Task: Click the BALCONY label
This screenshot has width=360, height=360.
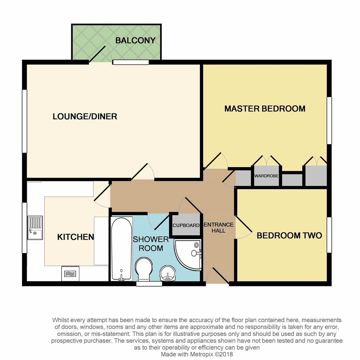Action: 135,40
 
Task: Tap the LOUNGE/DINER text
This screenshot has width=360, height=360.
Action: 85,116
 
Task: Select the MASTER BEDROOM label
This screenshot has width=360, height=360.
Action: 265,109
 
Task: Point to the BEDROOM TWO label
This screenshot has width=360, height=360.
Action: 289,236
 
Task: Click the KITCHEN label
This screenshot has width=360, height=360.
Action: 76,237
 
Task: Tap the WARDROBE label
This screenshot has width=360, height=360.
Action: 266,176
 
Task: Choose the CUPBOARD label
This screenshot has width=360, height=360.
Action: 186,225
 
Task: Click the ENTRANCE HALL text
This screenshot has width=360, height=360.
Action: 219,228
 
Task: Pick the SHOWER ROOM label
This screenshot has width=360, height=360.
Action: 151,244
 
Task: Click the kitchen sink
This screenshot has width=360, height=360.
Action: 35,228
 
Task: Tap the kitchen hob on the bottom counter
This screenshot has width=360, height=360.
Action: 70,273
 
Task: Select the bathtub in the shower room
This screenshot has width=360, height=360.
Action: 122,249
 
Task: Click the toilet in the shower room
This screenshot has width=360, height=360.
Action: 144,269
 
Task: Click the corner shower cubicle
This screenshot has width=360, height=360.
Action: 188,254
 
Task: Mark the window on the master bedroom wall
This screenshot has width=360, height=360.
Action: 329,121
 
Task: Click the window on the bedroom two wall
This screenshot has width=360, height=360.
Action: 329,235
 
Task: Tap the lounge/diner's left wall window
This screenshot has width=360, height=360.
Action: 25,121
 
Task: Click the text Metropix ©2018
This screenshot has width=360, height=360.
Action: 211,354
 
